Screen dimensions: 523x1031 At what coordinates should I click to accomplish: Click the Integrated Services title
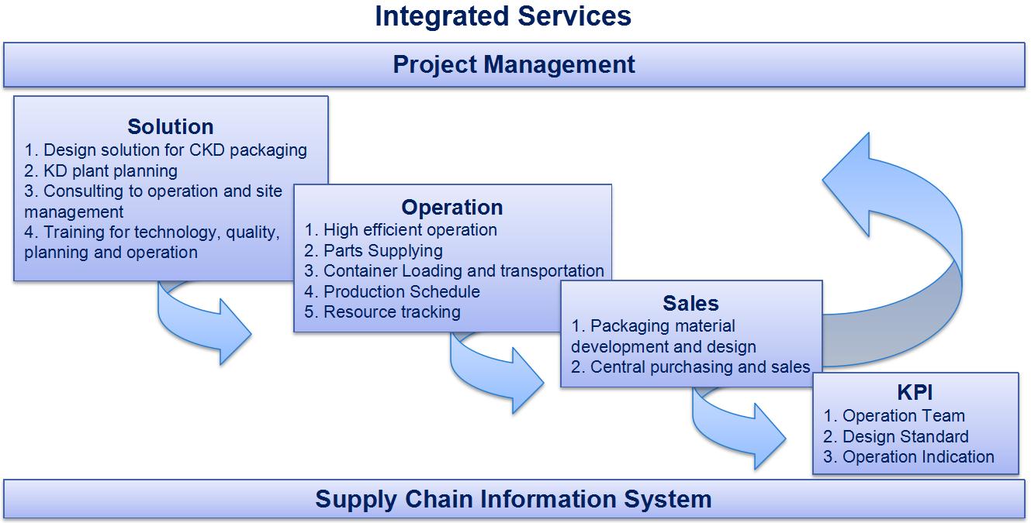[x=503, y=16]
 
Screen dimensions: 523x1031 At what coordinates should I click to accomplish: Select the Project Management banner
[x=514, y=64]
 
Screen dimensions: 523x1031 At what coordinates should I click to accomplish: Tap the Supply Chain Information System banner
[x=514, y=499]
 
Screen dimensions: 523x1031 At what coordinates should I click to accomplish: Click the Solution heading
[x=171, y=126]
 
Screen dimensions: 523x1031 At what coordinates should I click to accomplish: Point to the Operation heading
[x=452, y=208]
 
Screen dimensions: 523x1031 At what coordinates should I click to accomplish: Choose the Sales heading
[x=690, y=303]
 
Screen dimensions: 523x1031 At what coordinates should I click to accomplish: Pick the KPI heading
[x=915, y=393]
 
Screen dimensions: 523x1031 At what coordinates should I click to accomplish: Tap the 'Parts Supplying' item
[x=374, y=250]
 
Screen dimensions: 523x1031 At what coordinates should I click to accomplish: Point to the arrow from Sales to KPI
[x=737, y=426]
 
